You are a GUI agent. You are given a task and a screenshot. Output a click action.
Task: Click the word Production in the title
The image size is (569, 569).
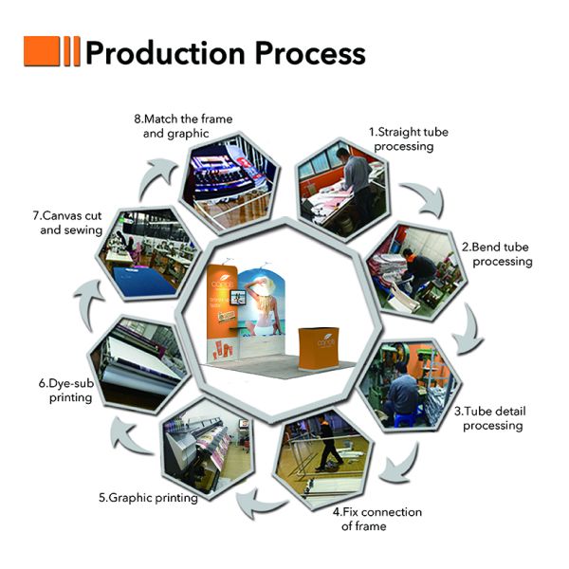point(163,53)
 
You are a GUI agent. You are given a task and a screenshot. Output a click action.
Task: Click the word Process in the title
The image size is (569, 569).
point(306,53)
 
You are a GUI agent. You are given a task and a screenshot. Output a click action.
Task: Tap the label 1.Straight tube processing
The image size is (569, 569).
point(403,139)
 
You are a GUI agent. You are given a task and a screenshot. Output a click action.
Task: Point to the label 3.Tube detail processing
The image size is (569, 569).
point(492,418)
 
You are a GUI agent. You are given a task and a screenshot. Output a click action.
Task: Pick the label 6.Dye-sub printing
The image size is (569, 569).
point(65,391)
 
